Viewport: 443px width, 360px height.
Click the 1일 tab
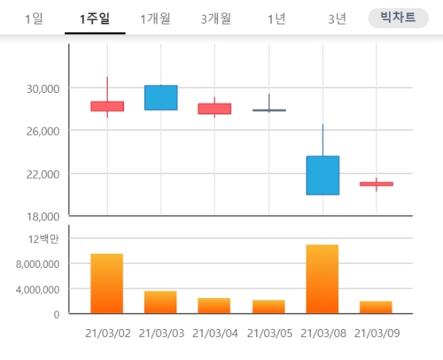coord(33,18)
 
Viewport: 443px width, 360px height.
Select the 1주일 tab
coord(95,18)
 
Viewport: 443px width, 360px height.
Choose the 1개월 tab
coord(154,18)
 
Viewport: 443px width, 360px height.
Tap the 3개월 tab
coord(216,18)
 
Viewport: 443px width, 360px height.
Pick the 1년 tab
coord(276,18)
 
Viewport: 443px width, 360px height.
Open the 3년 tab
coord(337,18)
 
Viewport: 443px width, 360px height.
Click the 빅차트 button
coord(398,18)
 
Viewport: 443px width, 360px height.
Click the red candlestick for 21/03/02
coord(107,106)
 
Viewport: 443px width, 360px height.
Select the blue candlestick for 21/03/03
coord(161,97)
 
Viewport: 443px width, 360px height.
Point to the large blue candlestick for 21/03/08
coord(323,175)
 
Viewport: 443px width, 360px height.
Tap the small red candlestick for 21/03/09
coord(377,184)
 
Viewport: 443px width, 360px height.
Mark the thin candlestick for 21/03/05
coord(269,110)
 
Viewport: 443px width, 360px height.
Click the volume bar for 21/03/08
coord(323,279)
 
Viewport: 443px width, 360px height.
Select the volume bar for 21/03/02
coord(107,283)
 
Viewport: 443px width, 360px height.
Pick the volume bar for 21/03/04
coord(215,305)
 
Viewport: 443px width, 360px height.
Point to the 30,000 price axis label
coord(41,89)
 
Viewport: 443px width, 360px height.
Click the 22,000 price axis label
coord(41,174)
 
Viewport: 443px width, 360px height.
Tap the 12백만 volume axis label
coord(44,238)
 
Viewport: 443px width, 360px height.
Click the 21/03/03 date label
coord(161,333)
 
